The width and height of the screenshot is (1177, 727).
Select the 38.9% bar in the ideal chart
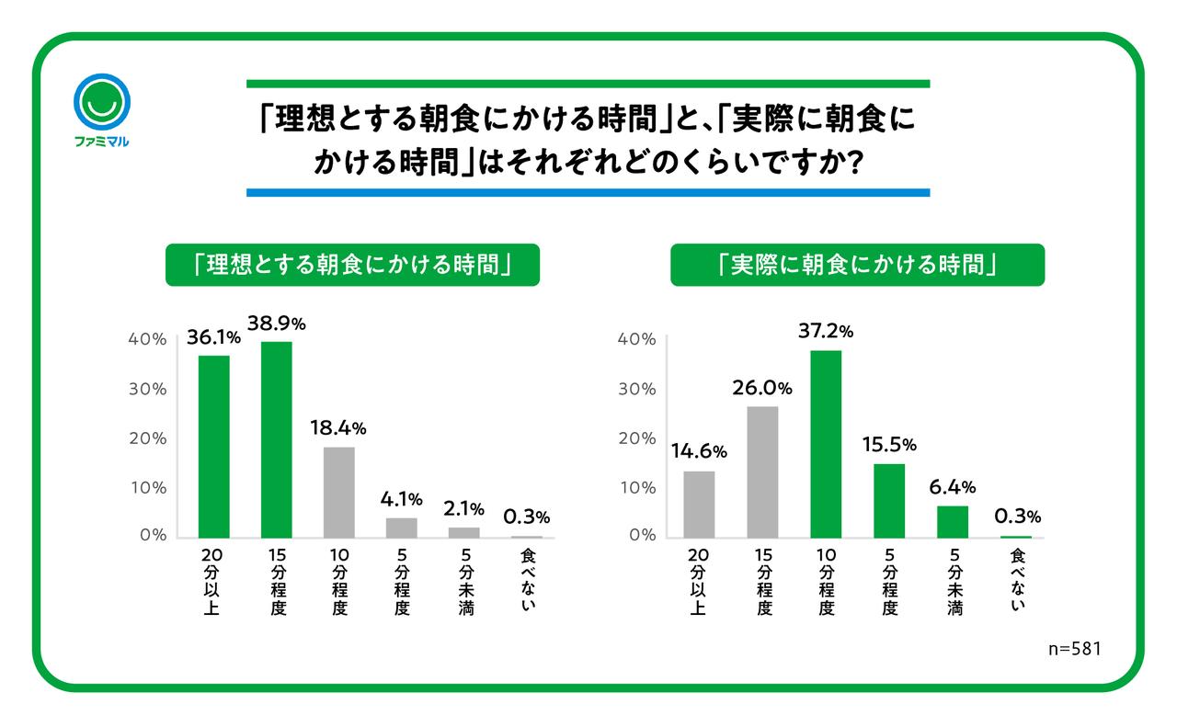276,439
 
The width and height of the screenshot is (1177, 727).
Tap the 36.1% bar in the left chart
214,446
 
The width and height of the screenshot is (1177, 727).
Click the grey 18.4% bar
339,492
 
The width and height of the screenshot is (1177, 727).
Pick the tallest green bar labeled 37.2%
826,444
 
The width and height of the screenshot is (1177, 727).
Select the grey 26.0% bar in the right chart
762,471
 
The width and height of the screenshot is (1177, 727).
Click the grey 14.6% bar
699,504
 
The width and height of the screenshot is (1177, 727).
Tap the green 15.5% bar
889,500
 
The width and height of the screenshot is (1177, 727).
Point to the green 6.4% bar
953,521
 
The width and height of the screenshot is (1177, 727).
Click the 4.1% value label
402,500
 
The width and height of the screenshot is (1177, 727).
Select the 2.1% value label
464,509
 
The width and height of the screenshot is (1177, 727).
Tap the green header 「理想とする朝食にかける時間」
352,265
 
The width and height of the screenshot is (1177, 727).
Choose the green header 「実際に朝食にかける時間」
857,265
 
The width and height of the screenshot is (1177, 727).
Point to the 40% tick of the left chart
147,339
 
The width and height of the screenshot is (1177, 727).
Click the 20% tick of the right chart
636,438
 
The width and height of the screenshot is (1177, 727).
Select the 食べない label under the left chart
527,578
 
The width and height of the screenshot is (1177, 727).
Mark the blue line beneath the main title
588,193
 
